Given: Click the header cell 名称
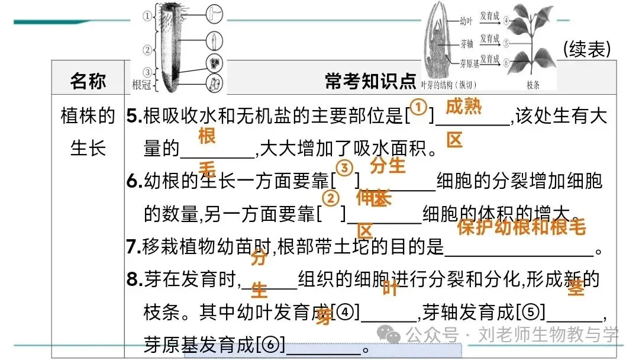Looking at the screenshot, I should tap(88, 81).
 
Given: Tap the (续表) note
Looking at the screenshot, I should tap(586, 50).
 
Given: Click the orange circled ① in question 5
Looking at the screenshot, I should tap(419, 108).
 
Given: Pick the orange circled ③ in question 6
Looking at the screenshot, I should tap(344, 168).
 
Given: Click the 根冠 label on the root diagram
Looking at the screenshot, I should tap(141, 85).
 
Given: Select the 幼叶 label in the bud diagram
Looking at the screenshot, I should tap(466, 20).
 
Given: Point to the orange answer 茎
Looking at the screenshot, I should tap(575, 288).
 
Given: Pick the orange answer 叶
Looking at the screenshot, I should tap(390, 289).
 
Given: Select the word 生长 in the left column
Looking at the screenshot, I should tap(88, 147).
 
